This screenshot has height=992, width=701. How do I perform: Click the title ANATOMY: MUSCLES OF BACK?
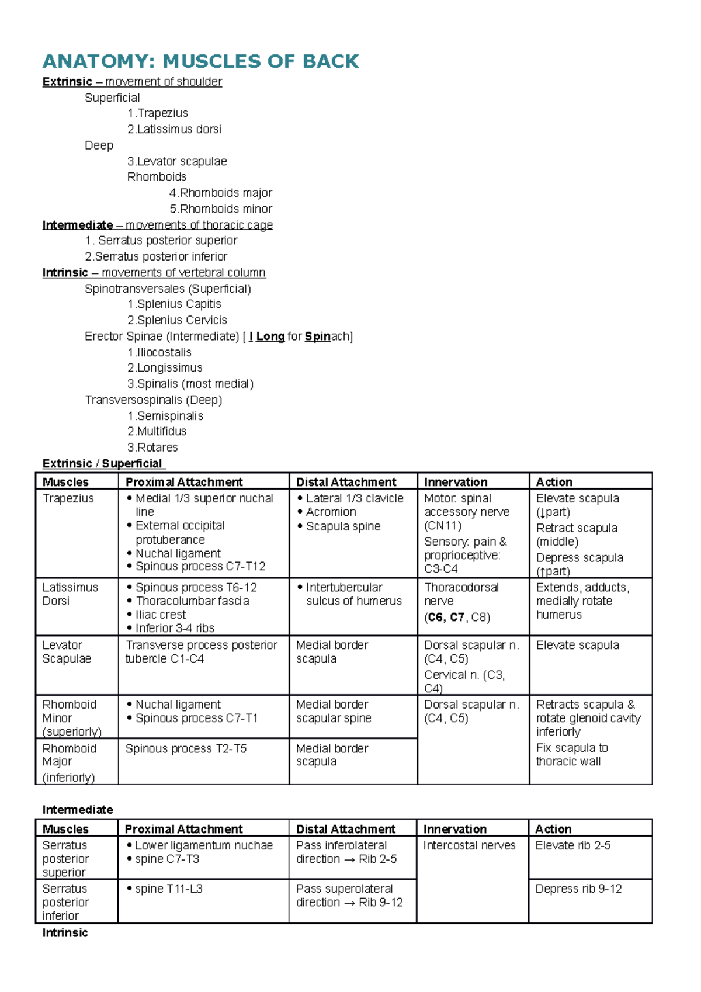pyautogui.click(x=200, y=61)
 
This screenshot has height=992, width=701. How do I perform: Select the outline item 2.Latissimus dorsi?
pyautogui.click(x=174, y=129)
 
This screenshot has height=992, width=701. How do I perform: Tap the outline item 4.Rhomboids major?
pyautogui.click(x=221, y=193)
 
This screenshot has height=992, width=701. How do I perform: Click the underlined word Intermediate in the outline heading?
pyautogui.click(x=78, y=225)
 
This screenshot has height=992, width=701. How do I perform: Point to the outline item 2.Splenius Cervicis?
pyautogui.click(x=177, y=320)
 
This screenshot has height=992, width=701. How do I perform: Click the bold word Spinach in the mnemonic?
pyautogui.click(x=327, y=337)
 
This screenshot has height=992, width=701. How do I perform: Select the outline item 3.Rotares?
pyautogui.click(x=152, y=448)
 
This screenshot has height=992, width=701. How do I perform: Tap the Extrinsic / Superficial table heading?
pyautogui.click(x=103, y=464)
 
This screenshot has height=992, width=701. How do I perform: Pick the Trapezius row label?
pyautogui.click(x=68, y=498)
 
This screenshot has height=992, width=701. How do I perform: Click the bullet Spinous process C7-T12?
pyautogui.click(x=200, y=566)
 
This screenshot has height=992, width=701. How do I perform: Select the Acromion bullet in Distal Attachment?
pyautogui.click(x=331, y=512)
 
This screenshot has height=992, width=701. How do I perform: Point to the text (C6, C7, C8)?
pyautogui.click(x=457, y=618)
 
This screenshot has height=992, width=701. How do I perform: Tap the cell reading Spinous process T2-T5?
pyautogui.click(x=186, y=749)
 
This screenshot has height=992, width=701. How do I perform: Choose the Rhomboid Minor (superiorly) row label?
pyautogui.click(x=71, y=718)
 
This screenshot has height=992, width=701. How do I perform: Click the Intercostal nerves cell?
pyautogui.click(x=469, y=845)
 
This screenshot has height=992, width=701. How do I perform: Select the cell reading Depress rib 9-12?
pyautogui.click(x=578, y=889)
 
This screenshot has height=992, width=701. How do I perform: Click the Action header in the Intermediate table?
pyautogui.click(x=553, y=829)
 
